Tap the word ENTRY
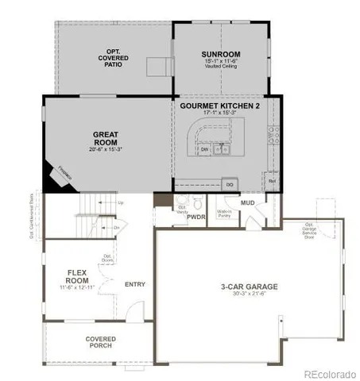(135, 284)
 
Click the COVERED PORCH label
(100, 342)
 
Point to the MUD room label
(247, 203)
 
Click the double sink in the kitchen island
(223, 148)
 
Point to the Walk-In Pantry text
(223, 211)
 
